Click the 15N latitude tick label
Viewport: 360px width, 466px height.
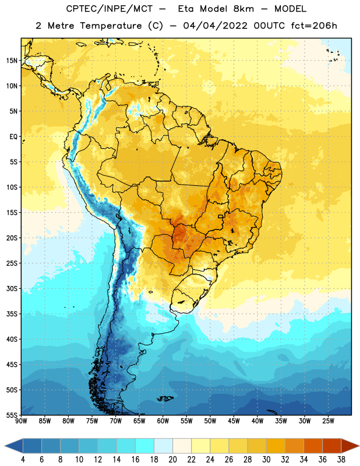[x=12, y=61]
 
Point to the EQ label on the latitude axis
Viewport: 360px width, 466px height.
[x=13, y=137]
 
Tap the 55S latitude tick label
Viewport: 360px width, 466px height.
[x=12, y=415]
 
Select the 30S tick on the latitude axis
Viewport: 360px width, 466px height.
[x=12, y=288]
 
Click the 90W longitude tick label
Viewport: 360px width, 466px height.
[x=21, y=421]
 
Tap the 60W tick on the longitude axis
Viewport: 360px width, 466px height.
[x=163, y=421]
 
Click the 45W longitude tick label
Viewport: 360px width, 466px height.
[x=234, y=421]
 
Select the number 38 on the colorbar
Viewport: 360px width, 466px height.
[x=341, y=460]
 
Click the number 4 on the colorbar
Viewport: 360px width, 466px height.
[x=23, y=460]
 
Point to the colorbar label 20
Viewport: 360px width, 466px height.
[x=172, y=460]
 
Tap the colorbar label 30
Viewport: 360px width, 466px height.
[x=266, y=460]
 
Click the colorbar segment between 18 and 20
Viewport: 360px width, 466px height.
[x=163, y=446]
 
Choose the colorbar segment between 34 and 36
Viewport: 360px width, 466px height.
[x=313, y=446]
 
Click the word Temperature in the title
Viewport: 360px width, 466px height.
[x=111, y=26]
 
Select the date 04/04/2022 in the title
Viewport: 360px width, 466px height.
[x=215, y=26]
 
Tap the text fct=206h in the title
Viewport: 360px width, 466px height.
[x=314, y=26]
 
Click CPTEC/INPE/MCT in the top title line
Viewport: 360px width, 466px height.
[x=109, y=9]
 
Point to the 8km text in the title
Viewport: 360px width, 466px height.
[x=243, y=9]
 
